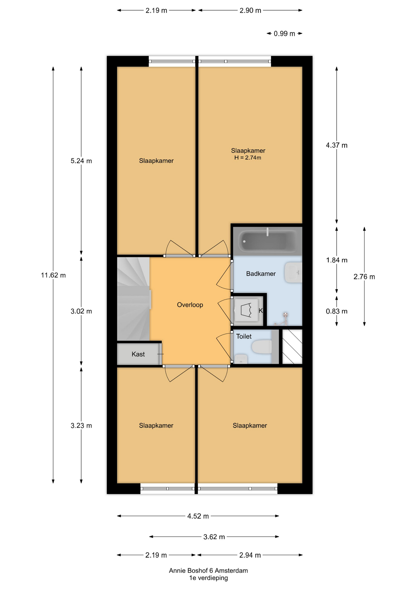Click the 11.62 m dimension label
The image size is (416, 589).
[x=53, y=275]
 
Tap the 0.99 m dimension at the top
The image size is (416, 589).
[x=284, y=33]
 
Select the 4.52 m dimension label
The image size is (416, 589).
[x=198, y=516]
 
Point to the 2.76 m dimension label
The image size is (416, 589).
[x=364, y=277]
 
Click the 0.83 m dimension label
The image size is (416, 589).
[x=336, y=311]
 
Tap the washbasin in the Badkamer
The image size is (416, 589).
[x=293, y=272]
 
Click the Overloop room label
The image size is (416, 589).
[x=190, y=305]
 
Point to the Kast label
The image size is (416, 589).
[x=138, y=354]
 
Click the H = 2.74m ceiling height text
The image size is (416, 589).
[x=248, y=158]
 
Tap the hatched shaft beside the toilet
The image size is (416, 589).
[x=292, y=347]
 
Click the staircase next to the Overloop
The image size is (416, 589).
[x=133, y=299]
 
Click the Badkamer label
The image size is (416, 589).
[x=261, y=274]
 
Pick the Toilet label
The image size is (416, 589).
[x=244, y=336]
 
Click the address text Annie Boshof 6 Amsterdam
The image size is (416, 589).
[x=208, y=571]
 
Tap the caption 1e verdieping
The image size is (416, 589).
[x=208, y=578]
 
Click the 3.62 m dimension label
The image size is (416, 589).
[x=214, y=537]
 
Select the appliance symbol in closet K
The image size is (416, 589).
[x=246, y=310]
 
